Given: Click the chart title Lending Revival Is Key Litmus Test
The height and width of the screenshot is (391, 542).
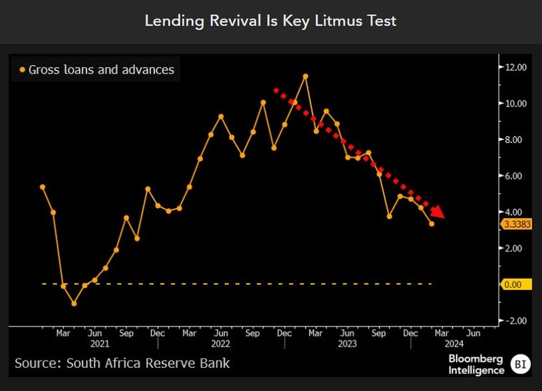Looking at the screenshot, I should click(270, 21).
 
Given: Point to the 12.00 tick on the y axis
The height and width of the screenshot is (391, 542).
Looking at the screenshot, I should click(512, 67).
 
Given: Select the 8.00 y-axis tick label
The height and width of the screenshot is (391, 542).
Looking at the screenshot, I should click(512, 140).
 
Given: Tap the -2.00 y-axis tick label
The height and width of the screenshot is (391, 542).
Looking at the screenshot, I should click(512, 321).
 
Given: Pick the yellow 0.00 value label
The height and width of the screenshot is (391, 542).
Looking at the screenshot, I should click(512, 285).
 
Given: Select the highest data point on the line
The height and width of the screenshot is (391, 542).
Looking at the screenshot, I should click(306, 76).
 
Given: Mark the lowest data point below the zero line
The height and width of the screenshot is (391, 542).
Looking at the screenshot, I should click(74, 303).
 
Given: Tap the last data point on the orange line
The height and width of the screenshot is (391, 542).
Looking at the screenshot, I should click(432, 224).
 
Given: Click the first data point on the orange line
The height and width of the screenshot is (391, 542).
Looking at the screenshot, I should click(42, 187).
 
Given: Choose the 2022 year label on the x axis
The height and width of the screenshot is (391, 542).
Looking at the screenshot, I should click(221, 344).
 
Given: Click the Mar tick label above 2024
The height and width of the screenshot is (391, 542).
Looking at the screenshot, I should click(440, 333).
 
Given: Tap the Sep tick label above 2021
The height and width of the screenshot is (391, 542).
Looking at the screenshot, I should click(126, 333).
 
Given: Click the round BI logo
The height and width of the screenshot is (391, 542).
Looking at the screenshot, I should click(520, 364).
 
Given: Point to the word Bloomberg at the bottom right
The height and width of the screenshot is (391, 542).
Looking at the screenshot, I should click(476, 358).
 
